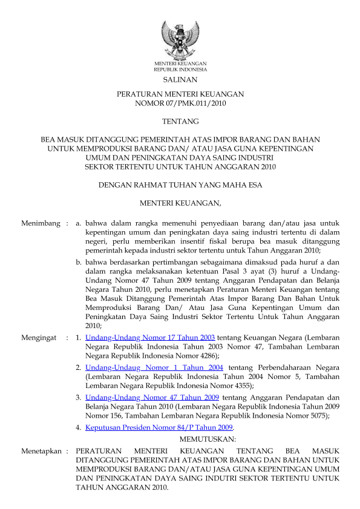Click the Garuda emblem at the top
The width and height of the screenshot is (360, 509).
[180, 40]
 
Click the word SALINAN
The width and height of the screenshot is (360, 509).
[180, 80]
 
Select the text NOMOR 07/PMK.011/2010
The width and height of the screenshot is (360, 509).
[180, 104]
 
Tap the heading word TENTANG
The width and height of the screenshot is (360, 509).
[180, 122]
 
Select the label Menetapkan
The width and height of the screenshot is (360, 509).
[42, 452]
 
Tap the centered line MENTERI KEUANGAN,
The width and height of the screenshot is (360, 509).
[180, 202]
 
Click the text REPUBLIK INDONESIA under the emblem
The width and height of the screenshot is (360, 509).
[180, 70]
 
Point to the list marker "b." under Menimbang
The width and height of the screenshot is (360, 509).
[79, 262]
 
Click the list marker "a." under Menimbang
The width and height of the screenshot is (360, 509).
[79, 223]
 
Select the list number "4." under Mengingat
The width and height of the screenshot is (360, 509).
[79, 427]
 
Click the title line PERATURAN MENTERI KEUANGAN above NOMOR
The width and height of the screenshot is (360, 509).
[180, 95]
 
